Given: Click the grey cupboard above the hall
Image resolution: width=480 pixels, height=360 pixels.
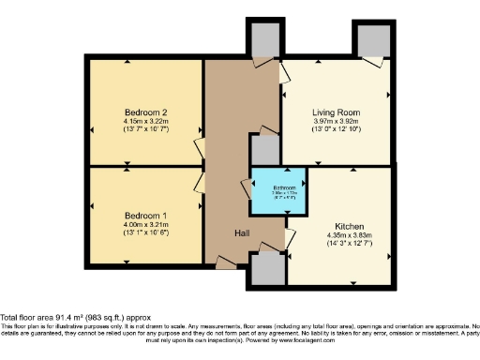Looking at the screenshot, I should coord(262,37).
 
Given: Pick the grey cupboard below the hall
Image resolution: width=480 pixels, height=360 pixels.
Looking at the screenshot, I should coord(266,270).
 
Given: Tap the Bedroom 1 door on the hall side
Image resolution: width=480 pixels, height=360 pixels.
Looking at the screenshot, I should coord(200,184).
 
